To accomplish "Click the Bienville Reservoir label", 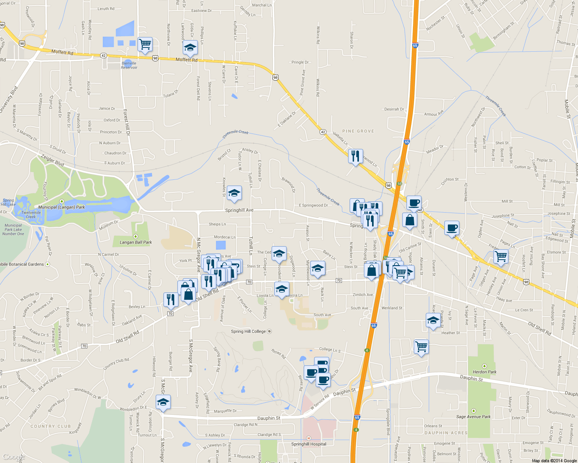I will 129,65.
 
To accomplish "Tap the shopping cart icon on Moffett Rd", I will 145,45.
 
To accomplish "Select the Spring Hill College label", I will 248,331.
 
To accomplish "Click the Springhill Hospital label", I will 309,444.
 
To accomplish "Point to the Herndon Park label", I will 484,372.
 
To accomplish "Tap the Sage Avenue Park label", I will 473,417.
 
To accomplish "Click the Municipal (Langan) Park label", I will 61,207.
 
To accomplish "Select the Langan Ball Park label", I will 136,242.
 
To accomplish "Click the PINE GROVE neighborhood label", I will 358,131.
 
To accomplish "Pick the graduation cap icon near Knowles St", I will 234,193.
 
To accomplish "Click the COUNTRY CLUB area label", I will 51,426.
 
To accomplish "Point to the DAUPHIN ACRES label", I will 446,433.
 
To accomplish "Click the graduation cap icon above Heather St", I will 433,321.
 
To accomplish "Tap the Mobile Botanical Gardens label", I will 22,264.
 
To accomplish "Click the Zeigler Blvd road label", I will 53,161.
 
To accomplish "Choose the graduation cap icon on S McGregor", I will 163,402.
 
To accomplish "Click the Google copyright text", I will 554,461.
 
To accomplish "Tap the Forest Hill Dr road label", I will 127,122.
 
